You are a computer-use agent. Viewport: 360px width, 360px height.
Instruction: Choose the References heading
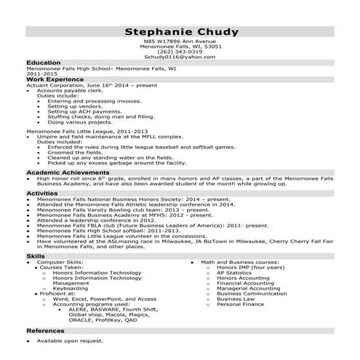pos(45,331)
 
